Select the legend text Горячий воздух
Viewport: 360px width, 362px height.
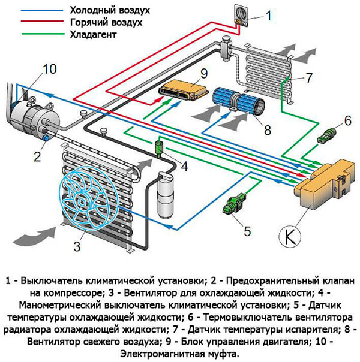click(104, 22)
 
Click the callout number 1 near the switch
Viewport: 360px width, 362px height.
click(268, 16)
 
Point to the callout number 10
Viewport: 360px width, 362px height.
click(50, 69)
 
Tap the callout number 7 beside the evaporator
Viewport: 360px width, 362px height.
click(308, 78)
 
